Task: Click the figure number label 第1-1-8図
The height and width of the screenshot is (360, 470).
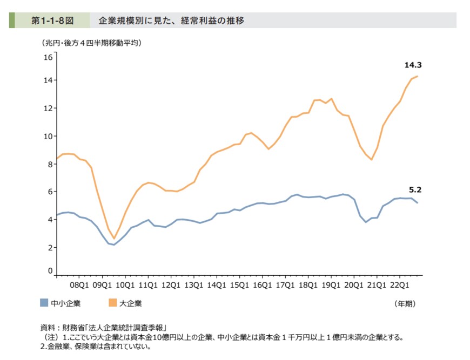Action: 51,21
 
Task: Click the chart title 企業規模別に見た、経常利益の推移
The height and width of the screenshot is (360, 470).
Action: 171,21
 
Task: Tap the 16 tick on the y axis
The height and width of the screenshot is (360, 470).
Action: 48,57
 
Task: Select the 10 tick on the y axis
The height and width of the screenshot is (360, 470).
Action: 48,136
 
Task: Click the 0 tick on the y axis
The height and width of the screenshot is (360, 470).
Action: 50,271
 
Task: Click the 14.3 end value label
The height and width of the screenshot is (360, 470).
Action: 413,65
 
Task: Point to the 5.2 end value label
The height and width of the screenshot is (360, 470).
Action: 415,190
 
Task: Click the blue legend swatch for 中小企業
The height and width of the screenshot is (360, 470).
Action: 44,303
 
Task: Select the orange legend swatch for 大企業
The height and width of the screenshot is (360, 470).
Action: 113,303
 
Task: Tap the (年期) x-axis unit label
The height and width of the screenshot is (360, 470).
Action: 405,304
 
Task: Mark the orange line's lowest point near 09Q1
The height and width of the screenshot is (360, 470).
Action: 113,239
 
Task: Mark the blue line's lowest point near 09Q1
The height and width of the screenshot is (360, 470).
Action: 113,245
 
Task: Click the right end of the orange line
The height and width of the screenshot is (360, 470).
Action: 418,76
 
